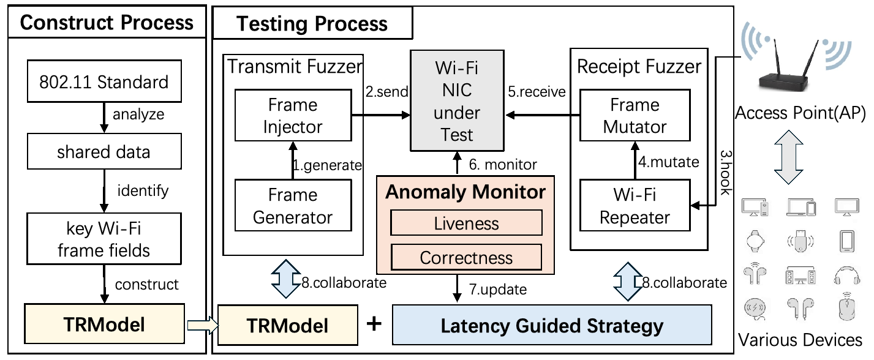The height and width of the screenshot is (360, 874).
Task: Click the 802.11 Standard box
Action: (x=104, y=81)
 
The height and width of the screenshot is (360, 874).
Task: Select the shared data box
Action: (x=104, y=151)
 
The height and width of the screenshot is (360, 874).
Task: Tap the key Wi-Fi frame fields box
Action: (x=104, y=239)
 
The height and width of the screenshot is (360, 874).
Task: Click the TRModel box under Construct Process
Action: (x=104, y=324)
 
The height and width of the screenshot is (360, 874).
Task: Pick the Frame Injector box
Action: (x=293, y=116)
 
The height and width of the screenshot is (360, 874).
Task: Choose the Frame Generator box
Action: (x=293, y=206)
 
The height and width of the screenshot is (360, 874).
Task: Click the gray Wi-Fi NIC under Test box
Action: (x=457, y=100)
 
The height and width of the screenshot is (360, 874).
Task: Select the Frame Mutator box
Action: (x=635, y=116)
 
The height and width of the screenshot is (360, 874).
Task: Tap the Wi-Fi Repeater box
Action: (x=635, y=206)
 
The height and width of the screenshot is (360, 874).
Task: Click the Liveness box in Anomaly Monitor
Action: (x=466, y=223)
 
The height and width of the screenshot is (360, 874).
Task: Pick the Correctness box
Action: (x=466, y=257)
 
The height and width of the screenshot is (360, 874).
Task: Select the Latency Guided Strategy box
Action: (x=552, y=325)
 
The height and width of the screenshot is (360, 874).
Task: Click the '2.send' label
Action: (x=386, y=91)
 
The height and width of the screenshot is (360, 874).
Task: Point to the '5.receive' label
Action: (x=537, y=92)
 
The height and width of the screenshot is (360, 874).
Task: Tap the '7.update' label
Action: (x=498, y=290)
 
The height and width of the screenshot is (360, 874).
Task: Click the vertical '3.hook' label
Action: (x=725, y=173)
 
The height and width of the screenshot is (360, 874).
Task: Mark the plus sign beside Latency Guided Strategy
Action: (x=374, y=324)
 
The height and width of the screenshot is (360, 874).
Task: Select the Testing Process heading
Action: (x=312, y=23)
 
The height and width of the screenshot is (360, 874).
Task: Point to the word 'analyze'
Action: (x=138, y=114)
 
